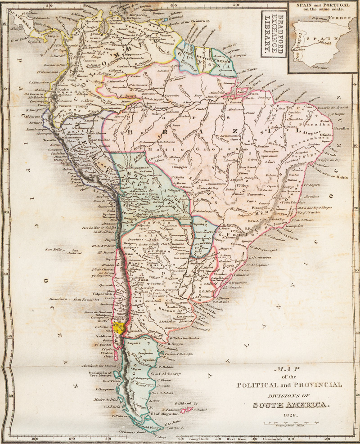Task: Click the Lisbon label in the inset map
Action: click(x=300, y=47)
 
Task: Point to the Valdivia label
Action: click(x=103, y=336)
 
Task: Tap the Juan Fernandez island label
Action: click(x=85, y=299)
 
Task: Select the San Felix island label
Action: click(x=52, y=250)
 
